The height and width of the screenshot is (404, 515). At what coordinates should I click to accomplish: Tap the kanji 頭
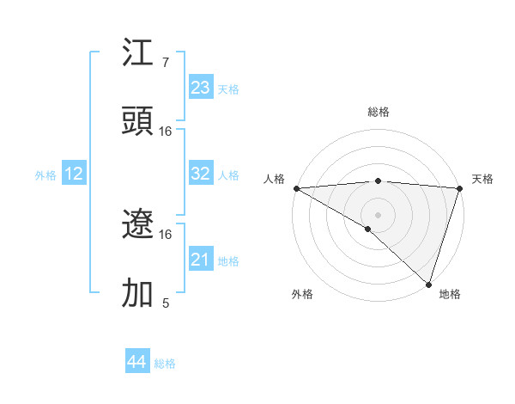pos(138,122)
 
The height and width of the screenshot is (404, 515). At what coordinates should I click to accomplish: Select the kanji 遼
pos(138,225)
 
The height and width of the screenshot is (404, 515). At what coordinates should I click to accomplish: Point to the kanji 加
pos(138,293)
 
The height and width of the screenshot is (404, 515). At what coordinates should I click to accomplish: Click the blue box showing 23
pos(201,88)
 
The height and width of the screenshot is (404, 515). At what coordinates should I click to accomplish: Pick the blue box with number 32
pos(201,174)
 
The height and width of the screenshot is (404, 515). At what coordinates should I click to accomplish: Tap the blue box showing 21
pos(201,260)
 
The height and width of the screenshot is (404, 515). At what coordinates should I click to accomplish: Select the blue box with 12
pos(74,174)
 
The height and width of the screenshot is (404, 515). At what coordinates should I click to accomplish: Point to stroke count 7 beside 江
pos(165,63)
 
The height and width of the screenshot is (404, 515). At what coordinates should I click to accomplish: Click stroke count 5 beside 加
pos(165,303)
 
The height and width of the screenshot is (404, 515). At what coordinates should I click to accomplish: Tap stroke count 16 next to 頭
pos(166,132)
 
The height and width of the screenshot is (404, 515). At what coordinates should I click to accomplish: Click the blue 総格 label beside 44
pos(165,364)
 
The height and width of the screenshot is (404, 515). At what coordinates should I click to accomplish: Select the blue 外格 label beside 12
pos(45,174)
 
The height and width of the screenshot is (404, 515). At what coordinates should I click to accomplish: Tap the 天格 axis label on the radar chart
pos(483,179)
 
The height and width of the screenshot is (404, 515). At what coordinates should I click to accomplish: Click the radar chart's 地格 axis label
pos(450,294)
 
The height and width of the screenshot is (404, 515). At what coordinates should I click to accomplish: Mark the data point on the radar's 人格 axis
pos(296,187)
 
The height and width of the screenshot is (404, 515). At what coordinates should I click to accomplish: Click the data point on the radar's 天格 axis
pos(459,187)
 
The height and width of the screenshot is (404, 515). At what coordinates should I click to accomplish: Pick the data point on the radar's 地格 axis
pos(428,284)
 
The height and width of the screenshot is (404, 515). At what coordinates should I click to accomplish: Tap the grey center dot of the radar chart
pos(378,214)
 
